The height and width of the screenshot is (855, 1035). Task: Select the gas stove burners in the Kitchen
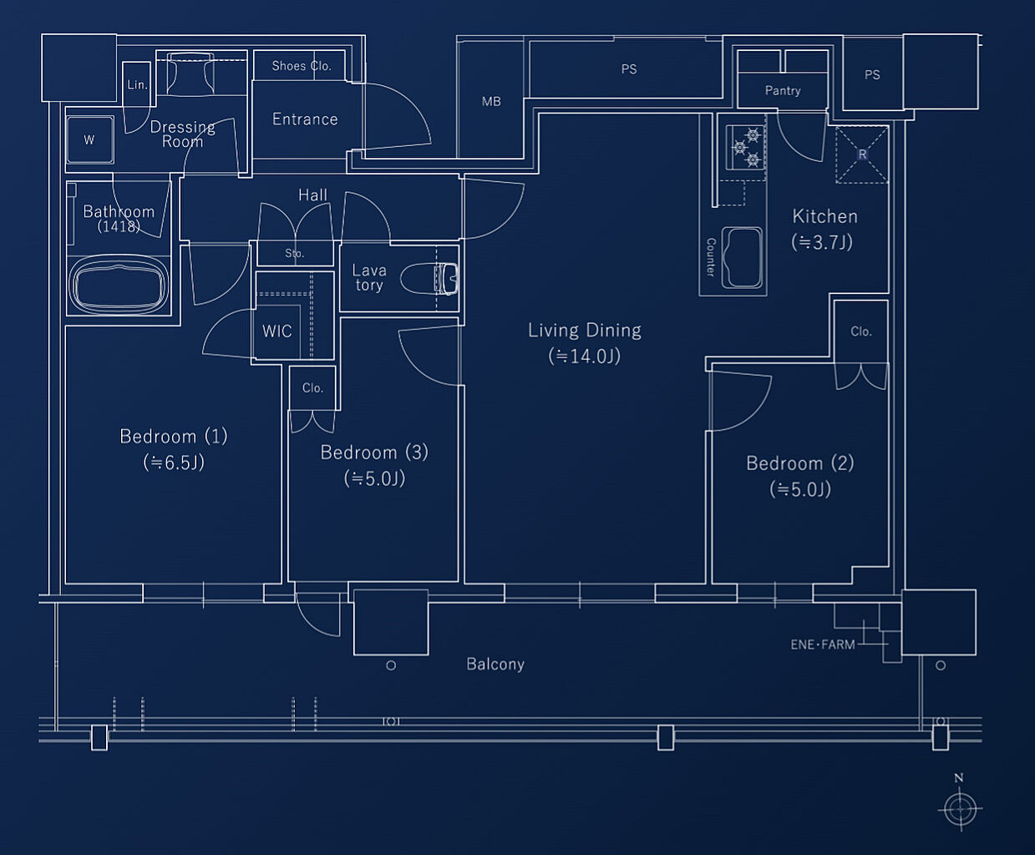pyautogui.click(x=746, y=147)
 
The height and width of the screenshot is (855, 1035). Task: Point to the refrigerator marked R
pyautogui.click(x=862, y=154)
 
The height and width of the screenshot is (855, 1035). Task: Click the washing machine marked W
pyautogui.click(x=89, y=140)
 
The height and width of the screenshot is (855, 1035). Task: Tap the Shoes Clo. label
pyautogui.click(x=302, y=66)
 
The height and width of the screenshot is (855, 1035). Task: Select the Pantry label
pyautogui.click(x=783, y=90)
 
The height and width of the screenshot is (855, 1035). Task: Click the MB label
pyautogui.click(x=491, y=102)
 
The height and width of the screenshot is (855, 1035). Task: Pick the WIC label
pyautogui.click(x=277, y=331)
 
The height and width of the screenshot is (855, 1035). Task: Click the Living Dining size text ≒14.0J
pyautogui.click(x=585, y=357)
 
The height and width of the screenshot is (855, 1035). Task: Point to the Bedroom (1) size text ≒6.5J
pyautogui.click(x=174, y=463)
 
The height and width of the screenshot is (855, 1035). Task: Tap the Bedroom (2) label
pyautogui.click(x=800, y=463)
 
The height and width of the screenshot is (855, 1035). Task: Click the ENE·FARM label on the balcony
pyautogui.click(x=823, y=645)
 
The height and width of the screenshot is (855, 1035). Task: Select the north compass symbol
pyautogui.click(x=960, y=807)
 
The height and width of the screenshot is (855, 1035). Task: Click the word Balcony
pyautogui.click(x=495, y=665)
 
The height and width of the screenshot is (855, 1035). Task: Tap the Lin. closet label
pyautogui.click(x=137, y=85)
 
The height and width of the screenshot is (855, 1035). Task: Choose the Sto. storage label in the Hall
pyautogui.click(x=294, y=253)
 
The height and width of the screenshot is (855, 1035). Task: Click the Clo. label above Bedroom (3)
pyautogui.click(x=312, y=388)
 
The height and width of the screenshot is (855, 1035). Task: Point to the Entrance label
pyautogui.click(x=305, y=119)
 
